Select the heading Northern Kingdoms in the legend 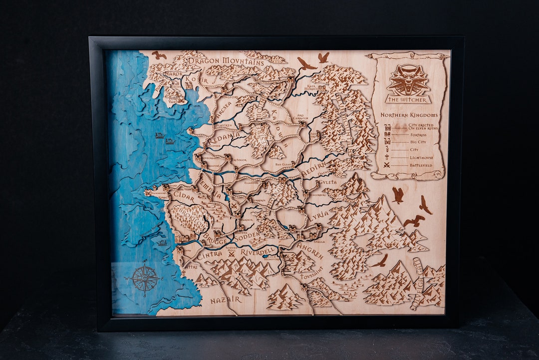tap(409, 115)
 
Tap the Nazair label tap(226, 300)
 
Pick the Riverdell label tap(258, 252)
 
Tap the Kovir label tap(197, 79)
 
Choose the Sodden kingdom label tap(248, 235)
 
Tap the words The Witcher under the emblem tap(408, 100)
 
